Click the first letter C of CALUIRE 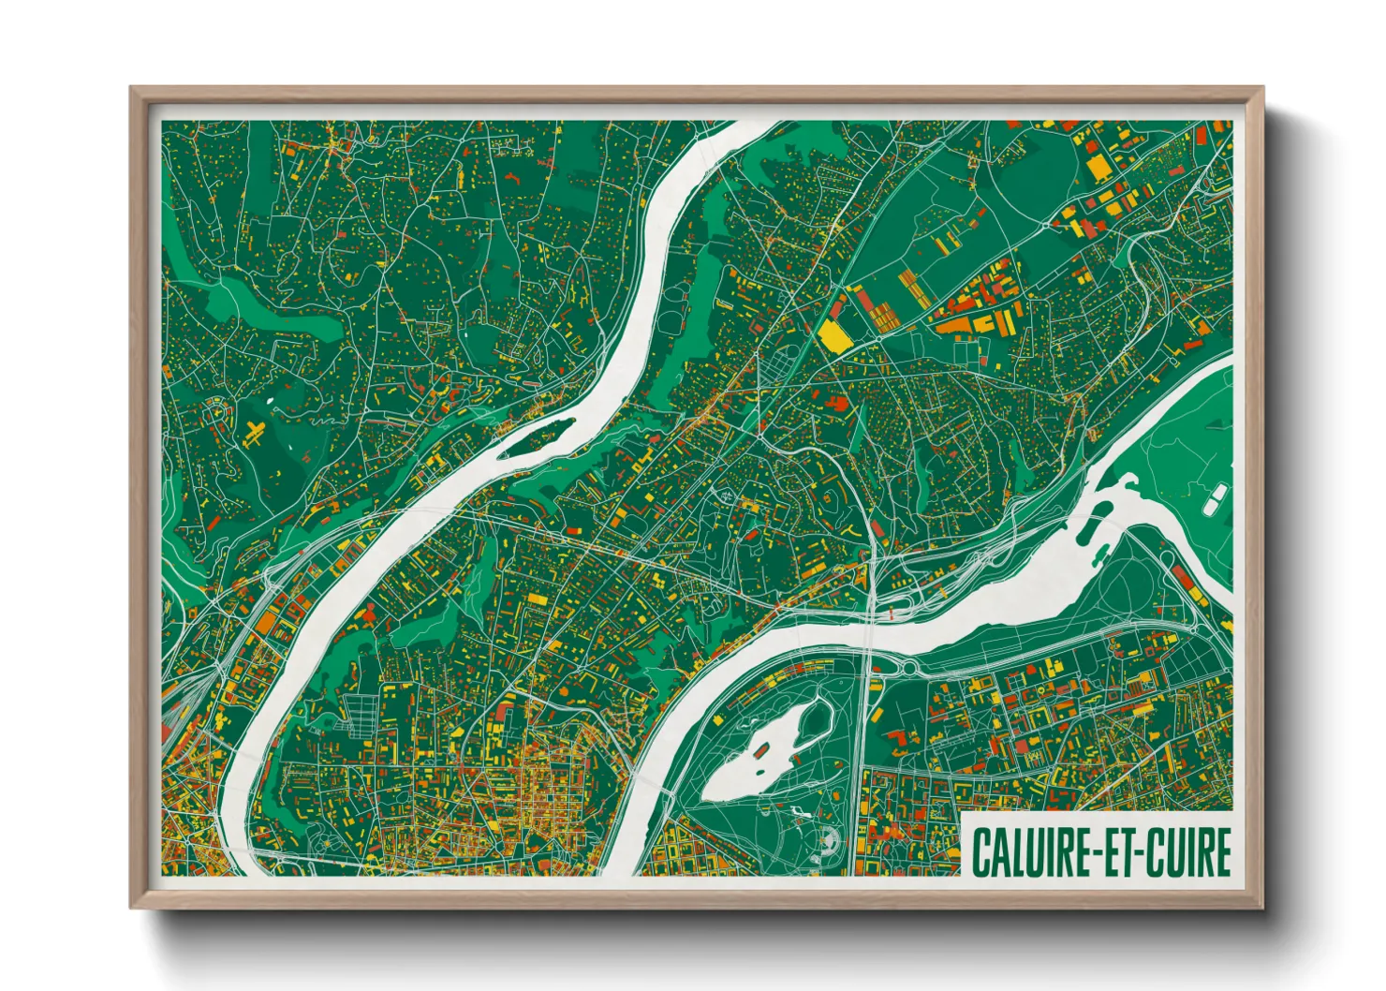pos(981,851)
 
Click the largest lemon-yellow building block pos(833,335)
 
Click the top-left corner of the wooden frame pos(133,90)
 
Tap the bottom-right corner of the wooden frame pos(1261,906)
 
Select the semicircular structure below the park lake pos(827,842)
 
